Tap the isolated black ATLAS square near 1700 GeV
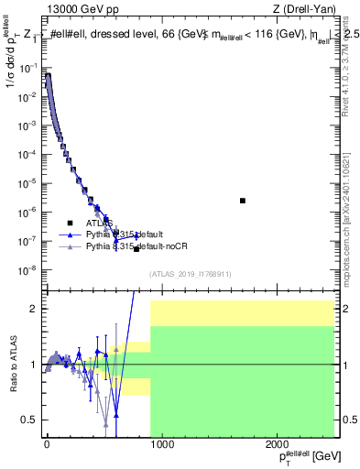(x=243, y=200)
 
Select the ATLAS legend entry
(x=100, y=223)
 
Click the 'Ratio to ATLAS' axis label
(x=14, y=365)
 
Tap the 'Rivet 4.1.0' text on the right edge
(x=345, y=69)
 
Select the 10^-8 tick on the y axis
(x=29, y=269)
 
